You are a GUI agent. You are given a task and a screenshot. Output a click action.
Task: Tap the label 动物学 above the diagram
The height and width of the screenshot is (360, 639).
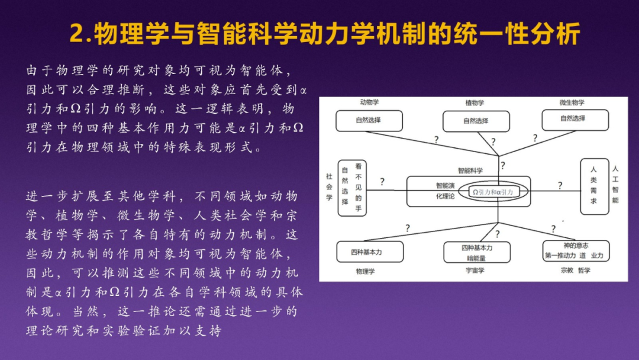pyautogui.click(x=369, y=102)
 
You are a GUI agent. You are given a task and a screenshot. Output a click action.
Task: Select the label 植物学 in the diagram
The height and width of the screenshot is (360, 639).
pyautogui.click(x=475, y=103)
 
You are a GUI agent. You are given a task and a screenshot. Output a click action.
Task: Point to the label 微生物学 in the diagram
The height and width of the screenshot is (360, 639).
pyautogui.click(x=572, y=102)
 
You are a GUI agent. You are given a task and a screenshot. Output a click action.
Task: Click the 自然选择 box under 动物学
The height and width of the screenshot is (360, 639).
pyautogui.click(x=369, y=120)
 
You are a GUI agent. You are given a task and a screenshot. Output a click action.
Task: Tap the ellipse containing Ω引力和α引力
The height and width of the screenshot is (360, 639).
pyautogui.click(x=492, y=192)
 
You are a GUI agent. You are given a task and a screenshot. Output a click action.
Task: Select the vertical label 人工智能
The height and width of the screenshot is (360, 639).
pyautogui.click(x=615, y=184)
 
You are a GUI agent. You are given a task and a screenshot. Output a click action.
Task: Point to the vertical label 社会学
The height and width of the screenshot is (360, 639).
pyautogui.click(x=330, y=187)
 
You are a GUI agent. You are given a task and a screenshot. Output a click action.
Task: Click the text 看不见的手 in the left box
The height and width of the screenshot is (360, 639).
pyautogui.click(x=358, y=188)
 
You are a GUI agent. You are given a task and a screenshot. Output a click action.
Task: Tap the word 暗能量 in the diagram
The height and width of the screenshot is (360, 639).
pyautogui.click(x=476, y=258)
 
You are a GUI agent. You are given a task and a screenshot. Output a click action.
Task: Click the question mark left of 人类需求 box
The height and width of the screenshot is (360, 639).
pyautogui.click(x=560, y=186)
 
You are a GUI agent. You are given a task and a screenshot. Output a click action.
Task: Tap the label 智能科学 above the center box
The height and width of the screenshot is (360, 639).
pyautogui.click(x=470, y=170)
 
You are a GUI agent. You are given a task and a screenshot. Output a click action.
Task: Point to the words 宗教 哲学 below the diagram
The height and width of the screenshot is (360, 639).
pyautogui.click(x=575, y=271)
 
